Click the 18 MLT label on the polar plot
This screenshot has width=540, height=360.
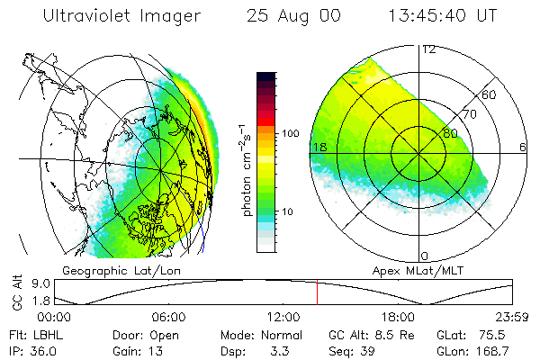tap(318, 147)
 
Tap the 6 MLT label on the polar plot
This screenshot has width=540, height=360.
tap(522, 147)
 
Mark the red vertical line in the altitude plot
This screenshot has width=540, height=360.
tap(317, 292)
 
